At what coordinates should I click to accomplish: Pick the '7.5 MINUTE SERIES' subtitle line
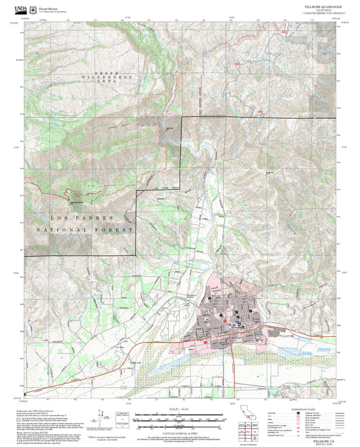[322, 13]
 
